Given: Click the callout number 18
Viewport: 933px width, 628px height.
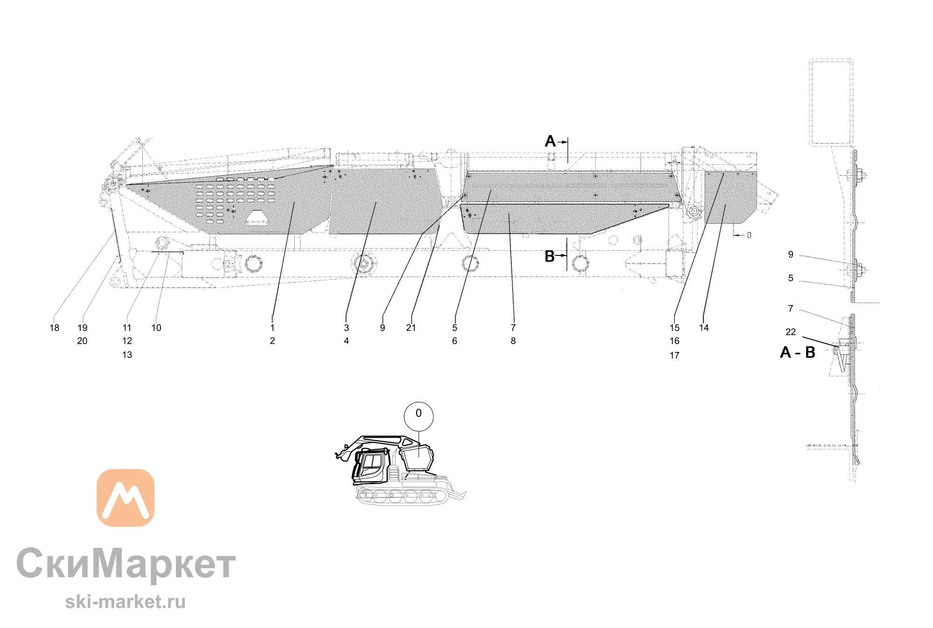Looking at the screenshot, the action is pyautogui.click(x=55, y=328).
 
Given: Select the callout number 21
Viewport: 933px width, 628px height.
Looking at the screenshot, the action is pyautogui.click(x=411, y=328).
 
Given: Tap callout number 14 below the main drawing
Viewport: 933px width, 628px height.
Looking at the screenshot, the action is pyautogui.click(x=704, y=328).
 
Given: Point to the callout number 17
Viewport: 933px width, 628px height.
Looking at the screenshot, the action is pyautogui.click(x=675, y=355).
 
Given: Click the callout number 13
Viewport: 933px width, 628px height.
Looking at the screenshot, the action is pyautogui.click(x=127, y=355).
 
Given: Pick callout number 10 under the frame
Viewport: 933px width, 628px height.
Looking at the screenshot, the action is pyautogui.click(x=156, y=328).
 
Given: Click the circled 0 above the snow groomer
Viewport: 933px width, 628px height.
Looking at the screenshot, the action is pyautogui.click(x=418, y=416).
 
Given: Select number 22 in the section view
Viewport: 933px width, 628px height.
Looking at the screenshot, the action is pyautogui.click(x=791, y=332).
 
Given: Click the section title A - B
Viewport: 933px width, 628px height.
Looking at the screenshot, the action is pyautogui.click(x=798, y=352).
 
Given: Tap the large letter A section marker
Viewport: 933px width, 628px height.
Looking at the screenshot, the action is pyautogui.click(x=550, y=141).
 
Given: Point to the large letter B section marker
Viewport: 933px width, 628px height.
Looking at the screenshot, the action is pyautogui.click(x=550, y=256).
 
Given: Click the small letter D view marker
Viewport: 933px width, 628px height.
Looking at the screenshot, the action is pyautogui.click(x=749, y=235).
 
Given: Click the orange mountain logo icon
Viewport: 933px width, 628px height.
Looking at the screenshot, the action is pyautogui.click(x=125, y=497).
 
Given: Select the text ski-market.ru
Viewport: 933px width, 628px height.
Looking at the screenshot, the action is pyautogui.click(x=125, y=601).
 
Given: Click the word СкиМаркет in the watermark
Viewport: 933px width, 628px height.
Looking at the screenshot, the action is pyautogui.click(x=126, y=564).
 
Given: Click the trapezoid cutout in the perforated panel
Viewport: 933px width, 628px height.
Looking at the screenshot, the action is pyautogui.click(x=257, y=218).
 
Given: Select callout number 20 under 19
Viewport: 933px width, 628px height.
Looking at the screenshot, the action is pyautogui.click(x=82, y=341).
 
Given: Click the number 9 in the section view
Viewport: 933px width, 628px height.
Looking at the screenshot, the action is pyautogui.click(x=791, y=255).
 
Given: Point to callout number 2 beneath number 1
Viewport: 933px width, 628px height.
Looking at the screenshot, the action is pyautogui.click(x=272, y=341).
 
